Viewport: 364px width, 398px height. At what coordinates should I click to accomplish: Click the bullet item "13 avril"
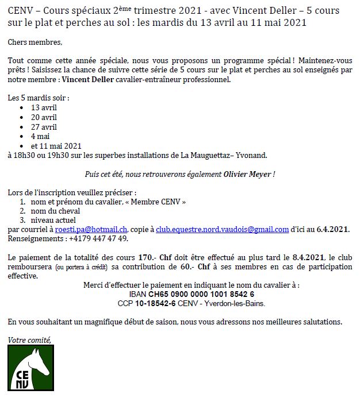pyautogui.click(x=44, y=107)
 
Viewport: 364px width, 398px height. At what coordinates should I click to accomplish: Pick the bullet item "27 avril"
pyautogui.click(x=44, y=127)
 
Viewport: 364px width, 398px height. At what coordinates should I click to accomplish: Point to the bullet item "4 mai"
pyautogui.click(x=41, y=136)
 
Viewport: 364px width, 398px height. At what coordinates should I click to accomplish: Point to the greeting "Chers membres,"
pyautogui.click(x=35, y=42)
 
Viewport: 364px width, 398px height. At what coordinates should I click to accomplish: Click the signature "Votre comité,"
pyautogui.click(x=29, y=340)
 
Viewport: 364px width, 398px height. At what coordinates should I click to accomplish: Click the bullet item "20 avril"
pyautogui.click(x=44, y=117)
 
